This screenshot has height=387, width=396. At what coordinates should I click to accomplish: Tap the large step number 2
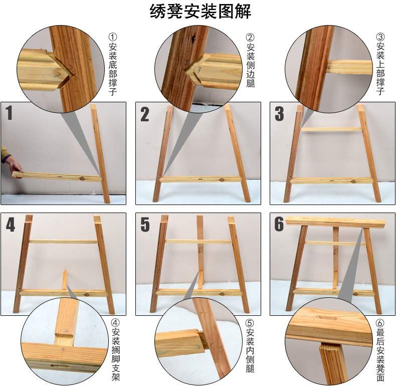[x=144, y=115]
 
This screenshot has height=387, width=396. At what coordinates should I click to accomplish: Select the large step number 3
[x=279, y=115]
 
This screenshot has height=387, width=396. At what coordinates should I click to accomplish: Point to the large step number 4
[x=11, y=225]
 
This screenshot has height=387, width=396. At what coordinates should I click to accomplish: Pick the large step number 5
[x=145, y=225]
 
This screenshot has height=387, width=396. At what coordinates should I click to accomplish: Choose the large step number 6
[x=279, y=225]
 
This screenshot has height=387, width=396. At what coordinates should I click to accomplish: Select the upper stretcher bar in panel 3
[x=331, y=129]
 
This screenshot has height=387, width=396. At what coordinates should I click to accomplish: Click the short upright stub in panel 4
[x=64, y=280]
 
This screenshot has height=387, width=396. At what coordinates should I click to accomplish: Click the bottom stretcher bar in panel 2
[x=201, y=179]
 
